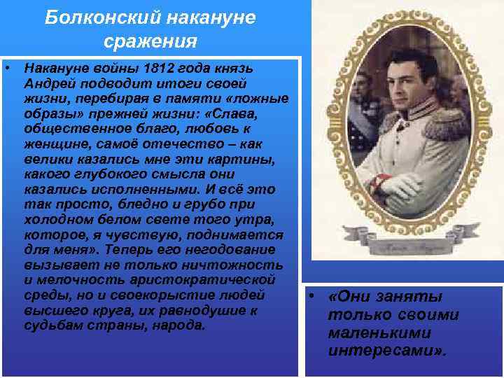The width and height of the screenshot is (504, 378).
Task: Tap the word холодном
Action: (x=55, y=220)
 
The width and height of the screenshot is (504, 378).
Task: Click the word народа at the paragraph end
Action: (x=179, y=325)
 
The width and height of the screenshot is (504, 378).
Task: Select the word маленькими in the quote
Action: (x=368, y=332)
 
